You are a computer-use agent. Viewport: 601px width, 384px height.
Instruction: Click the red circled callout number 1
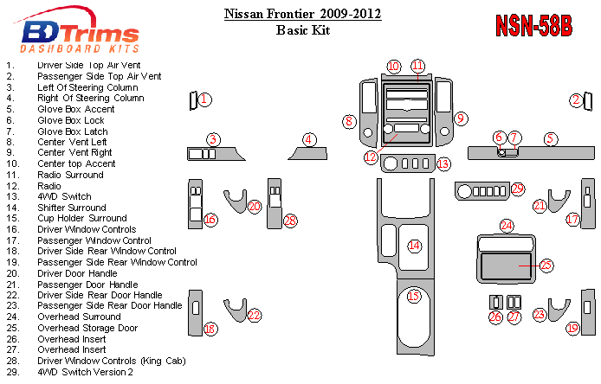point(204,100)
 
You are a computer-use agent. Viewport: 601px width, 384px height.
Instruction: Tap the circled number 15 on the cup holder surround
point(414,297)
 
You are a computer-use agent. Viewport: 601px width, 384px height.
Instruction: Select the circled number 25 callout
point(546,266)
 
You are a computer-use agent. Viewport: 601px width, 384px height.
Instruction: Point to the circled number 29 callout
point(518,189)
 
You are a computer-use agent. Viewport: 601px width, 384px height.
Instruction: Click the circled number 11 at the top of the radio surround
point(418,67)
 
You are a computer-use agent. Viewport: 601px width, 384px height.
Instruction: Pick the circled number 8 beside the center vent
point(349,122)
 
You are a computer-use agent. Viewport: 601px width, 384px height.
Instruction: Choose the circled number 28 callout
point(290,221)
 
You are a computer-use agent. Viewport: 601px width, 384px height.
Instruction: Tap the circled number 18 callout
point(210,329)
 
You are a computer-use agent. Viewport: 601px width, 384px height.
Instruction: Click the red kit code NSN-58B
point(533,26)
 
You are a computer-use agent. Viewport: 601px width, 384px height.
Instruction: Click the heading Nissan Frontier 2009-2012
point(302,14)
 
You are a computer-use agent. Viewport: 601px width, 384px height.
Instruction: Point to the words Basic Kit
point(303,29)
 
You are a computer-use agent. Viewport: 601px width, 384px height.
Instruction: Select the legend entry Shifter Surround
point(72,208)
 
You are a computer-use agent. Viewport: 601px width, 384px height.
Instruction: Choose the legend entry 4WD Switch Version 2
point(85,372)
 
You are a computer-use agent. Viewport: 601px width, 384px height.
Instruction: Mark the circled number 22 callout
point(254,316)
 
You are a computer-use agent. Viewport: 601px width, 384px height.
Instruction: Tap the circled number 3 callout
point(213,139)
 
